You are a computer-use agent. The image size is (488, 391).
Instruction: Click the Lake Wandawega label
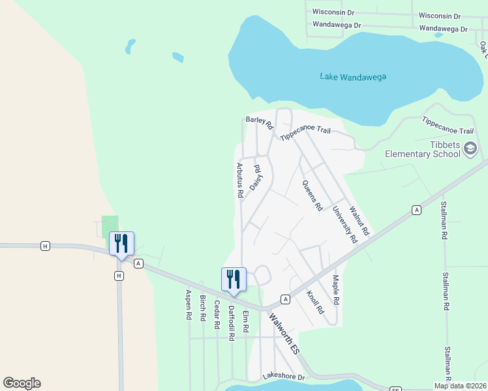pyautogui.click(x=353, y=77)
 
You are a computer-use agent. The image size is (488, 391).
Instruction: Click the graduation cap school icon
pyautogui.click(x=470, y=150)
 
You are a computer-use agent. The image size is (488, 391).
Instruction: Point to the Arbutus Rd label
pyautogui.click(x=240, y=180)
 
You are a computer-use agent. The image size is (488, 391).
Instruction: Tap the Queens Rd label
pyautogui.click(x=313, y=195)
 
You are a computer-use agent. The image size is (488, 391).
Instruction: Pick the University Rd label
pyautogui.click(x=345, y=225)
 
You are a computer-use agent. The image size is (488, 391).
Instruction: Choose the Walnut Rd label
pyautogui.click(x=359, y=222)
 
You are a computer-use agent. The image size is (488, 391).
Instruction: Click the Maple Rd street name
pyautogui.click(x=336, y=291)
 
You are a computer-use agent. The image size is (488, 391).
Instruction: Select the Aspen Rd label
pyautogui.click(x=188, y=304)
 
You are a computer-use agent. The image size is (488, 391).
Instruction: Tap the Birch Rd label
pyautogui.click(x=203, y=311)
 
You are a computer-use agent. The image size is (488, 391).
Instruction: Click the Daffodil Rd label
pyautogui.click(x=231, y=324)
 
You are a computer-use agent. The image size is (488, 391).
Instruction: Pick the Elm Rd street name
pyautogui.click(x=246, y=322)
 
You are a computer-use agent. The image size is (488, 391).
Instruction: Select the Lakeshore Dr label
pyautogui.click(x=284, y=377)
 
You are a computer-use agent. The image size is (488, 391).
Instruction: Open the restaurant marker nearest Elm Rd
pyautogui.click(x=234, y=279)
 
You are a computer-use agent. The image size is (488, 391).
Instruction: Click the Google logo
pyautogui.click(x=22, y=383)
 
